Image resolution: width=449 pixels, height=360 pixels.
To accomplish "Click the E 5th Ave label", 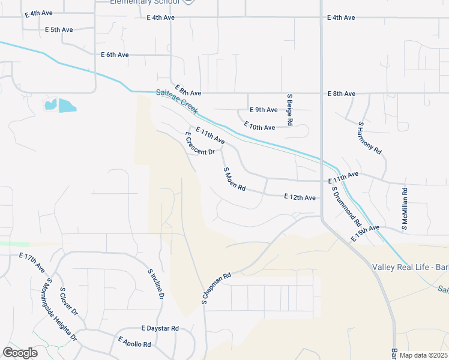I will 59,29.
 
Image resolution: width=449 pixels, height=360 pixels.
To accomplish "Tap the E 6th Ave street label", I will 115,55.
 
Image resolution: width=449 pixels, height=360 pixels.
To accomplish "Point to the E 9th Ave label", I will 264,110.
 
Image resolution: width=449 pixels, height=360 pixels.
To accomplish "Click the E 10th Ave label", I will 259,127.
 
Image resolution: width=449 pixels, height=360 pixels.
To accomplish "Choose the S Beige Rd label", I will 289,109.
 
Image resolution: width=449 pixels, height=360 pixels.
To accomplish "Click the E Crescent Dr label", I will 199,144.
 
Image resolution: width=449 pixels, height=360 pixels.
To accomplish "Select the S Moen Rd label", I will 235,179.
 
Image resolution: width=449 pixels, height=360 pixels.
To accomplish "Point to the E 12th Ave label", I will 300,197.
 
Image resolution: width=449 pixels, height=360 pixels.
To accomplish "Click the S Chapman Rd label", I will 217,289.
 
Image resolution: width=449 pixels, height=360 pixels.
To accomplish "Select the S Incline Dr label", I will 155,284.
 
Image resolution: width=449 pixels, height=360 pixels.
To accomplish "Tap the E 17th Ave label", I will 32,263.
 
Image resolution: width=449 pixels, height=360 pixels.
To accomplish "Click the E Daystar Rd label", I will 160,328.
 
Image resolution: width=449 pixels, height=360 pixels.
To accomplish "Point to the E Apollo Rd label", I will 134,343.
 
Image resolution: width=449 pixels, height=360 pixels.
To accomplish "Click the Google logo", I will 20,353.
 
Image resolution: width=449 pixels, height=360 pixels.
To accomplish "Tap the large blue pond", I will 67,106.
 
